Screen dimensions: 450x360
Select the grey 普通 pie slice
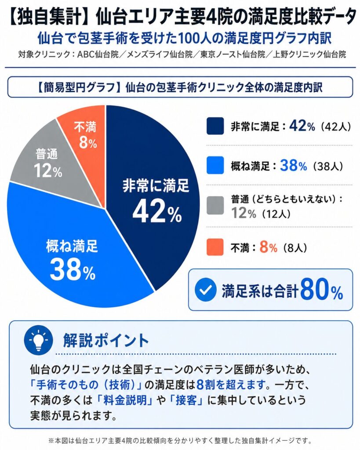click(x=48, y=163)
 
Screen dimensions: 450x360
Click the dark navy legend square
click(x=215, y=126)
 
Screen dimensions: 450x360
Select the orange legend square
click(x=215, y=247)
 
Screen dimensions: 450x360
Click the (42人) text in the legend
click(x=335, y=127)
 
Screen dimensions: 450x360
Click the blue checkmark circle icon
click(x=205, y=290)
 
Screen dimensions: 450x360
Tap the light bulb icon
click(x=38, y=340)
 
